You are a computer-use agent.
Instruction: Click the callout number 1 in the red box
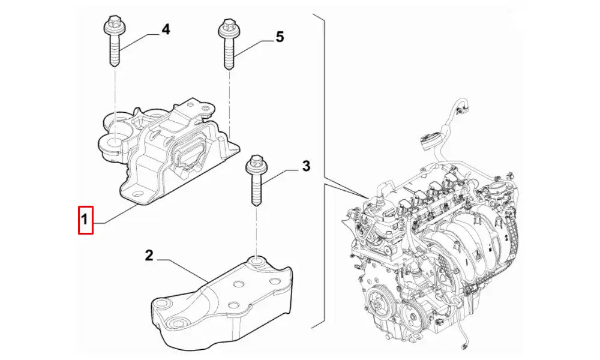point(86,220)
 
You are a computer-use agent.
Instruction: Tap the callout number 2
point(149,256)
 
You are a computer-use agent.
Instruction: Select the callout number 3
point(306,166)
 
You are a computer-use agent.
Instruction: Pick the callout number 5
point(280,37)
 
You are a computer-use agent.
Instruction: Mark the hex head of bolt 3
point(254,163)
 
